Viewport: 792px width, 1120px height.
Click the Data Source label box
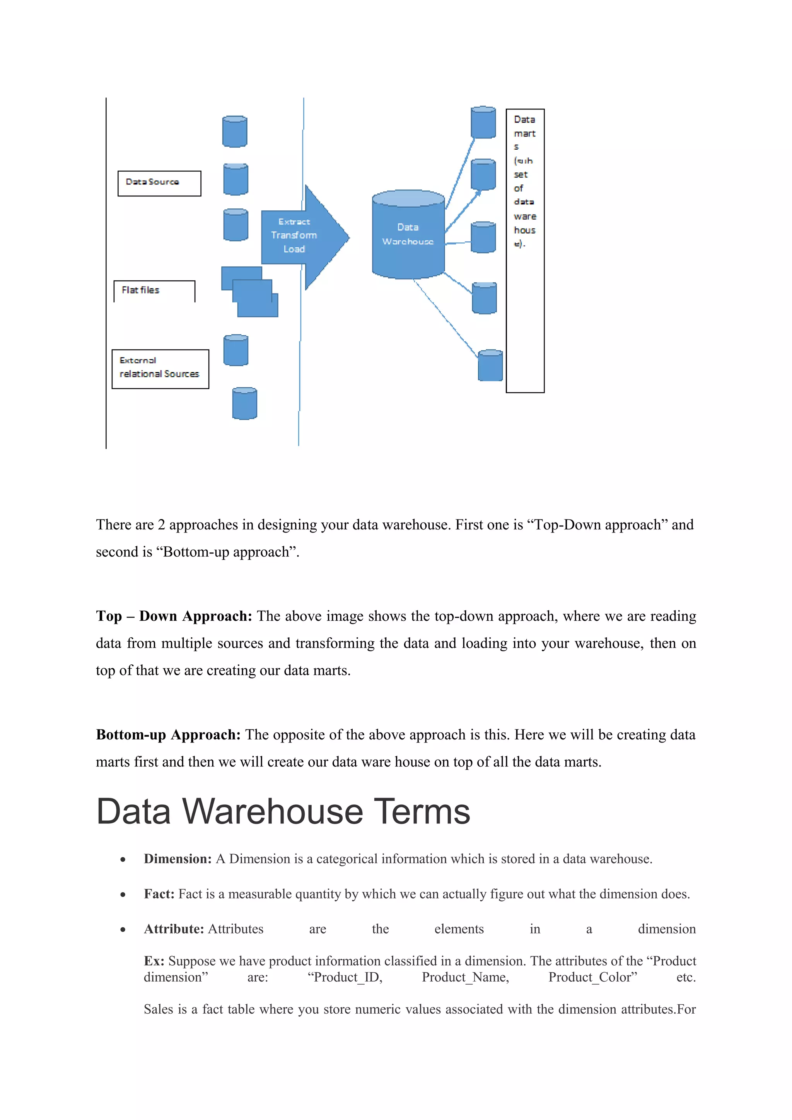point(159,183)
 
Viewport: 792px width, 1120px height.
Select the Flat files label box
point(154,291)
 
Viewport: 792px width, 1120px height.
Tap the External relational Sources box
point(160,369)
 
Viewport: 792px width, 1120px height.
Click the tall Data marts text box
point(525,251)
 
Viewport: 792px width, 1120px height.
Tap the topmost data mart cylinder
point(483,123)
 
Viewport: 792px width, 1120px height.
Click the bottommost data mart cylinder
point(490,365)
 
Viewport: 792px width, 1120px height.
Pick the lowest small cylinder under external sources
point(244,403)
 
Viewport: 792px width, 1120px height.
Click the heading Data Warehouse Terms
point(283,812)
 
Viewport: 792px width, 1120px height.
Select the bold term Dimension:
point(178,859)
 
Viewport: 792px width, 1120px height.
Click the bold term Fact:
point(159,894)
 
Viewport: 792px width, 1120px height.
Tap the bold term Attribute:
point(174,929)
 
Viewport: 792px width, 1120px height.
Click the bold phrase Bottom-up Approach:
point(168,735)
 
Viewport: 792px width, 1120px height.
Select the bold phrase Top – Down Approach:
point(174,616)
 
